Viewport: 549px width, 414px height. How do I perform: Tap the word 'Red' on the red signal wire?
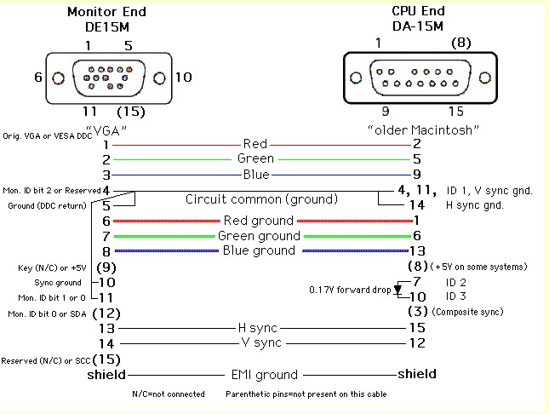point(255,144)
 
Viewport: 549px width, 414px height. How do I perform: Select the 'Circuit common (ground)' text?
point(261,199)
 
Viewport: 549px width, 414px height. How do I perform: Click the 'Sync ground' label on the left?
point(58,282)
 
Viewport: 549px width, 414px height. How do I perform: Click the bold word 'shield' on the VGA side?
point(106,374)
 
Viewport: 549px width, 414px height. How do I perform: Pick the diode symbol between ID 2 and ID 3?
point(397,289)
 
